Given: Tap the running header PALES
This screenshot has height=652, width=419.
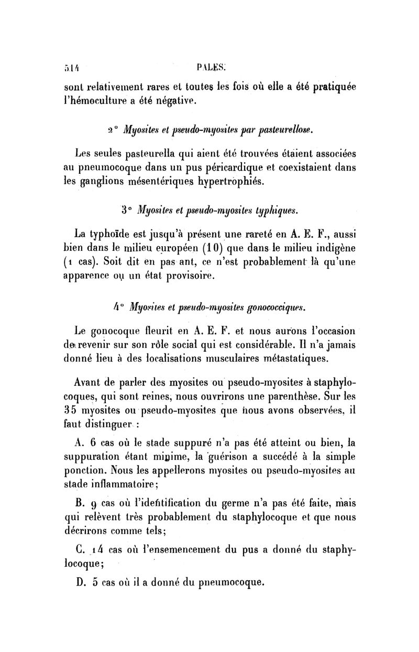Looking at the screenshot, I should click(x=211, y=67).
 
